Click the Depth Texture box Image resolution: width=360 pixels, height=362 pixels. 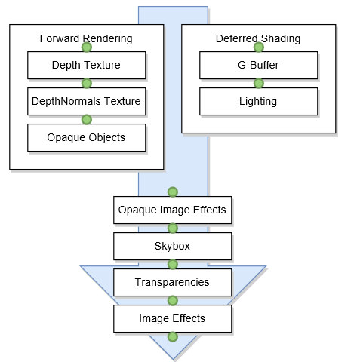click(87, 66)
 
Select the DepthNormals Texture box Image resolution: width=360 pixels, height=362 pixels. click(87, 102)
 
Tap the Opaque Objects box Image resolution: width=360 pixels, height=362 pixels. click(87, 138)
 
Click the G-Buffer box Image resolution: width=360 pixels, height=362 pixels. click(259, 66)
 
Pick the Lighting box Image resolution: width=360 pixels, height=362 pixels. click(259, 102)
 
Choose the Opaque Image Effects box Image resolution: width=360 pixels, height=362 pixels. click(173, 210)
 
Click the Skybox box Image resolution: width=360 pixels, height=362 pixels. click(173, 247)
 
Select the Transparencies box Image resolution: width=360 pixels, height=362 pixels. click(173, 283)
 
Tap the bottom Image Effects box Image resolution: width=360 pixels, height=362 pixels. click(173, 319)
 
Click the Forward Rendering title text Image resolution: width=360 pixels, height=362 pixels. click(86, 38)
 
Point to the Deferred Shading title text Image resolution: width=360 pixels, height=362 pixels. click(258, 38)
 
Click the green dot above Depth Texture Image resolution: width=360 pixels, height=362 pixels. click(87, 48)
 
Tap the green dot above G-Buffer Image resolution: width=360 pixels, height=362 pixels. click(259, 48)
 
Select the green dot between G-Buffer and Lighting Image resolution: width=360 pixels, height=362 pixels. click(259, 84)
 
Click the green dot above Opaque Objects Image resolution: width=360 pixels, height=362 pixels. click(87, 120)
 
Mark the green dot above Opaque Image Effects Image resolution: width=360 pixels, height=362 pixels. click(173, 192)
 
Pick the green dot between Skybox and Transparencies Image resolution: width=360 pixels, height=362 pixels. click(173, 265)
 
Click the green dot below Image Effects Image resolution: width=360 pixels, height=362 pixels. click(173, 337)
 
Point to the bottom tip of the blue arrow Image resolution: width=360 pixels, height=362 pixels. click(173, 360)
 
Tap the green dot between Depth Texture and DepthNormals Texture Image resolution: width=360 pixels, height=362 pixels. click(87, 84)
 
